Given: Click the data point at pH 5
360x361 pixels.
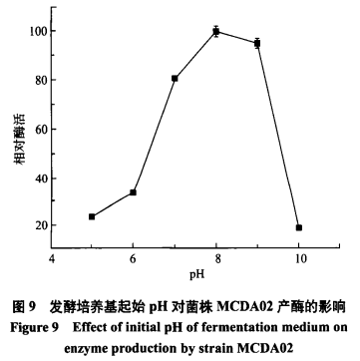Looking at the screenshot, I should pyautogui.click(x=92, y=216).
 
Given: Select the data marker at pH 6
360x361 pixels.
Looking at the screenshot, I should pyautogui.click(x=133, y=192).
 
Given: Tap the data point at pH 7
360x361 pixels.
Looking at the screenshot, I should pyautogui.click(x=175, y=78).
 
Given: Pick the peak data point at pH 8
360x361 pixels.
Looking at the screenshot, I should pyautogui.click(x=215, y=32).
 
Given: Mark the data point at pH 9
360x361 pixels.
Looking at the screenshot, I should pyautogui.click(x=257, y=44).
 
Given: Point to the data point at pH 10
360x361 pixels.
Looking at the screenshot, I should pyautogui.click(x=298, y=227).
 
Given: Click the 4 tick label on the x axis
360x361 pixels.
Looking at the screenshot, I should pyautogui.click(x=51, y=258).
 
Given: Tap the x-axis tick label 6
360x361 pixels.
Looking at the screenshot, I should pyautogui.click(x=133, y=258).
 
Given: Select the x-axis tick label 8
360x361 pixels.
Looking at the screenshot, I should pyautogui.click(x=215, y=258).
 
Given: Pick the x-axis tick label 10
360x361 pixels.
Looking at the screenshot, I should pyautogui.click(x=298, y=258).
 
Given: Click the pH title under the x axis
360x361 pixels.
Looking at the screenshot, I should pyautogui.click(x=175, y=273).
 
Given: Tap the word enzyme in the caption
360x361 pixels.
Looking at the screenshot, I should pyautogui.click(x=122, y=342).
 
